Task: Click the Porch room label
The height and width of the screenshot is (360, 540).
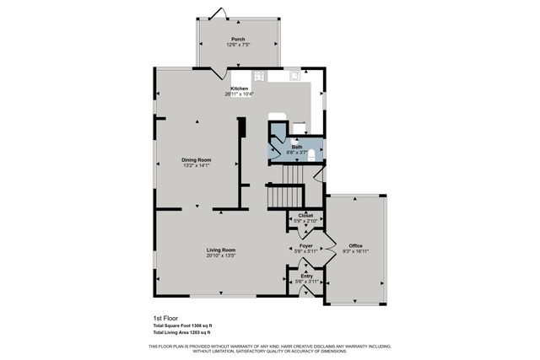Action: pyautogui.click(x=237, y=40)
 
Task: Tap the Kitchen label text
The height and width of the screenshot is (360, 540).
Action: pyautogui.click(x=240, y=89)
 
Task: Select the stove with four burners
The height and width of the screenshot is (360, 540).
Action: pyautogui.click(x=259, y=76)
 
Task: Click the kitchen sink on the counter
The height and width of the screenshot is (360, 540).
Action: pyautogui.click(x=295, y=75)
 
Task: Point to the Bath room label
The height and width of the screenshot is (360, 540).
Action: pyautogui.click(x=297, y=147)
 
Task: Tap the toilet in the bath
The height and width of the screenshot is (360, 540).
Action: pyautogui.click(x=312, y=155)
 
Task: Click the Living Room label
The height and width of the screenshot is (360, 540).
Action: pyautogui.click(x=221, y=250)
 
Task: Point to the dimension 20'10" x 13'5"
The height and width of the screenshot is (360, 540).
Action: pyautogui.click(x=221, y=256)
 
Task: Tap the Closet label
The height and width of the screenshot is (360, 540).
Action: pyautogui.click(x=305, y=215)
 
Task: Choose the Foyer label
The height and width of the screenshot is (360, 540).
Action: pyautogui.click(x=305, y=245)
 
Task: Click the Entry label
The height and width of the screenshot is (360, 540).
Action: pyautogui.click(x=305, y=275)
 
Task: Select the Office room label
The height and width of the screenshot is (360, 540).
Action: pyautogui.click(x=355, y=245)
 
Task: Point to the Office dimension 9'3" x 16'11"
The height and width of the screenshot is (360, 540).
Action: pyautogui.click(x=355, y=251)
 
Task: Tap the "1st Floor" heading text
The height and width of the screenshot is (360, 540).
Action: pyautogui.click(x=165, y=319)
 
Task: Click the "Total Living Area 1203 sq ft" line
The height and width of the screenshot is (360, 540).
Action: pyautogui.click(x=182, y=334)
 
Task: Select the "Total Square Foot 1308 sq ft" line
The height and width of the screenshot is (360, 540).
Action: pyautogui.click(x=182, y=326)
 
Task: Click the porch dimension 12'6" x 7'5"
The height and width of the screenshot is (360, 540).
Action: pyautogui.click(x=237, y=46)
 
